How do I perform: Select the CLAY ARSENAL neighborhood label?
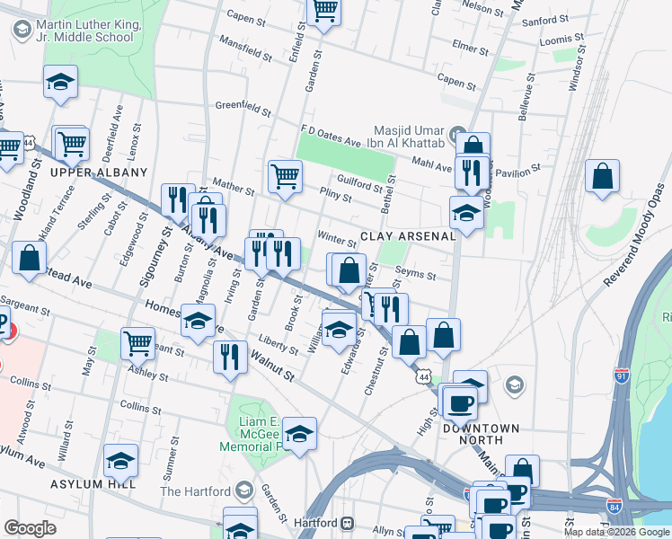tap(408, 237)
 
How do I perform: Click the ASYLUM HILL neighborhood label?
tap(93, 484)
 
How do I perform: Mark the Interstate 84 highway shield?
tap(614, 507)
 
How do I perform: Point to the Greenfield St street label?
tap(243, 109)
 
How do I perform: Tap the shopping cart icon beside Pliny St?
tap(285, 175)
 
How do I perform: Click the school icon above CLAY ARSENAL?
tap(466, 213)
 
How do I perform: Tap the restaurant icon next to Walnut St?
tap(230, 356)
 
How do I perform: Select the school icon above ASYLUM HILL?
tap(120, 460)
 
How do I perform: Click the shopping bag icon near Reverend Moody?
tap(602, 176)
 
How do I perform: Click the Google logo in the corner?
tap(31, 527)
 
